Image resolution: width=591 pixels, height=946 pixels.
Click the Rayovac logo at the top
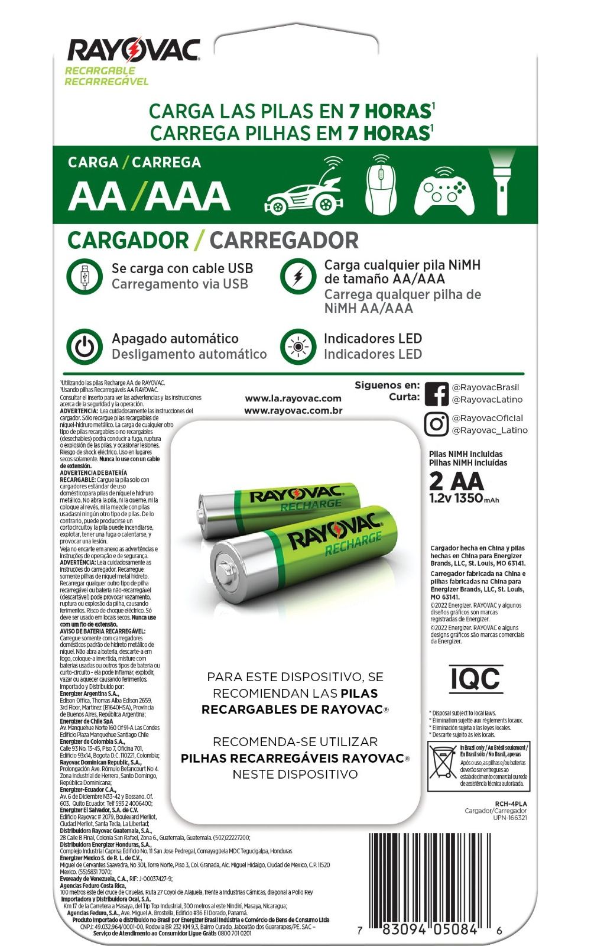point(134,50)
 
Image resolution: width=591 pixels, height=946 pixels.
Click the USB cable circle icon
point(85,276)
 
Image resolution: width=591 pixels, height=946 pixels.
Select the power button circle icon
point(85,346)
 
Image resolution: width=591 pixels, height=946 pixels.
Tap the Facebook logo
point(436,394)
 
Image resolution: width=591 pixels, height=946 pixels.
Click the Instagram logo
point(436,424)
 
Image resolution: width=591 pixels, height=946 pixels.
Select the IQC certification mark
point(475,678)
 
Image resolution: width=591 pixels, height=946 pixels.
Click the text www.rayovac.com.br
point(293,410)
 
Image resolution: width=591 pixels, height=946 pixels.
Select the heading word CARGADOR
point(128,241)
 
